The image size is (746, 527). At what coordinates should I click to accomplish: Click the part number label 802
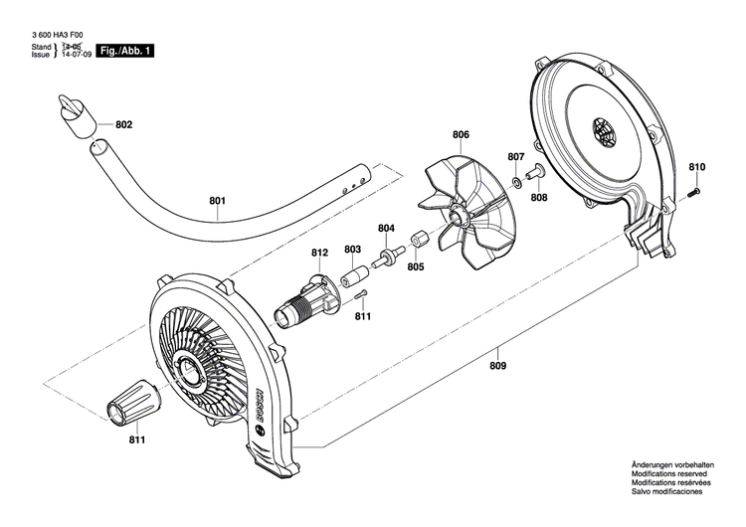[x=123, y=125]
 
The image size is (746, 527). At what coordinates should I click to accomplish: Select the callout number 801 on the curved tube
[x=218, y=202]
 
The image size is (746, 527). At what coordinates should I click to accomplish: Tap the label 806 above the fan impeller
[x=461, y=134]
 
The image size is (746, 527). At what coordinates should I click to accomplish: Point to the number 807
[x=515, y=157]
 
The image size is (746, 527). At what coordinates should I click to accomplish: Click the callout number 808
[x=538, y=198]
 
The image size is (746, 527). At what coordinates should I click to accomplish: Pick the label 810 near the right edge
[x=696, y=166]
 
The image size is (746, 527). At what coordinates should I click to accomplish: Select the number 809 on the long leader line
[x=497, y=366]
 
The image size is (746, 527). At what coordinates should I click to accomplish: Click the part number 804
[x=386, y=228]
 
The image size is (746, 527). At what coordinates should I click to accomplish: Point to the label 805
[x=415, y=266]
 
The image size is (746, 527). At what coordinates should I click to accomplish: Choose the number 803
[x=352, y=250]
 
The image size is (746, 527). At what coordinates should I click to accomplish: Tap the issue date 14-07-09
[x=76, y=57]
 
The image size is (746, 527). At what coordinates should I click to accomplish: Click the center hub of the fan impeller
[x=461, y=215]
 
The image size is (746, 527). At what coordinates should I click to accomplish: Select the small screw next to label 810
[x=698, y=191]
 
